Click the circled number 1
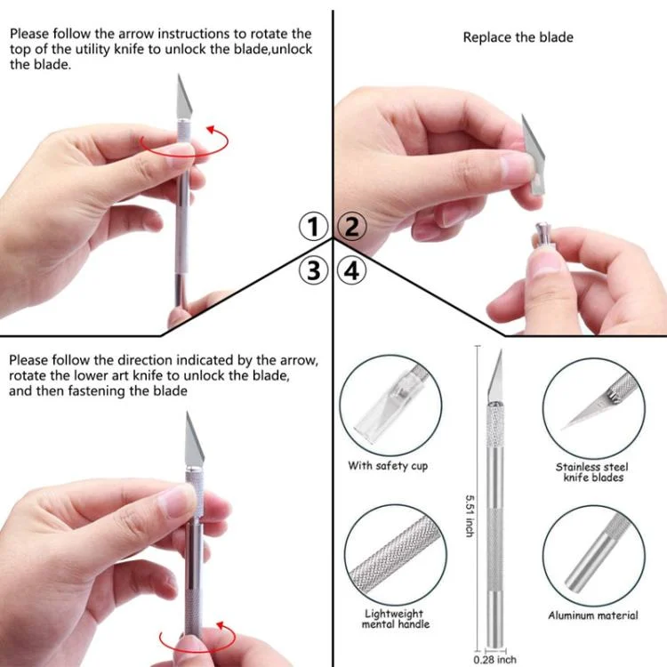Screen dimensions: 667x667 313,227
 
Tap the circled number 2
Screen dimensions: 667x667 352,227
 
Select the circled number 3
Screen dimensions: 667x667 313,270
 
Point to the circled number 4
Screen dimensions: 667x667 352,270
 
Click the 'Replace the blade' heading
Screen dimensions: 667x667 518,37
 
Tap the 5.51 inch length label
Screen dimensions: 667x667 470,516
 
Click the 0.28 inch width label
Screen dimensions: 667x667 495,659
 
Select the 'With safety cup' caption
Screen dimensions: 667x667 388,466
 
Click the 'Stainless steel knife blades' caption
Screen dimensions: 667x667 592,472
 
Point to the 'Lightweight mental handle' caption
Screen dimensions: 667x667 395,619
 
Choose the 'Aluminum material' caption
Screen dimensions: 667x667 593,615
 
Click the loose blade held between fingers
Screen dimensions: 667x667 534,156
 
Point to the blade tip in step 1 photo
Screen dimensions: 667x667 179,75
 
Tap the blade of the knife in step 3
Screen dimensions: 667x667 194,440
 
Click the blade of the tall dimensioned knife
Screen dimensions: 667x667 495,375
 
